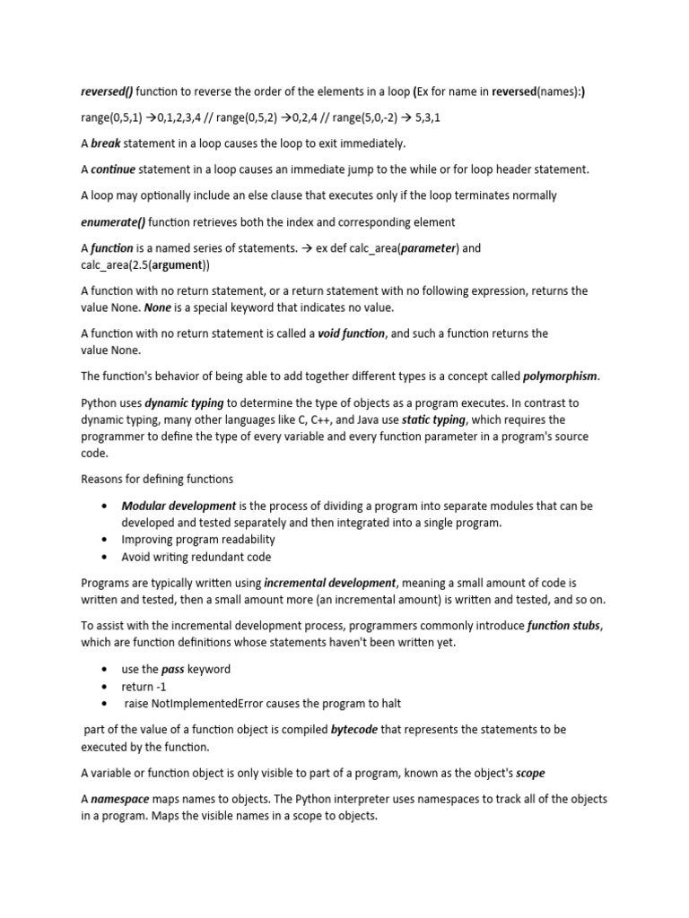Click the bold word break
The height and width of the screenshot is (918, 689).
pyautogui.click(x=106, y=143)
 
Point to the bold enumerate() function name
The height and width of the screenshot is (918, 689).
pyautogui.click(x=113, y=221)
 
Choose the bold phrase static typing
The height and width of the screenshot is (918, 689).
pyautogui.click(x=433, y=420)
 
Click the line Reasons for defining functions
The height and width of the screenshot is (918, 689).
pyautogui.click(x=157, y=480)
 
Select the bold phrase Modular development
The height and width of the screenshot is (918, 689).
pyautogui.click(x=179, y=506)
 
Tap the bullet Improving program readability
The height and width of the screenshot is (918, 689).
pyautogui.click(x=198, y=540)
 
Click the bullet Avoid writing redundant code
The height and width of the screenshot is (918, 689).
pyautogui.click(x=196, y=557)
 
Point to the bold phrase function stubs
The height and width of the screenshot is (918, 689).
pyautogui.click(x=562, y=626)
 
